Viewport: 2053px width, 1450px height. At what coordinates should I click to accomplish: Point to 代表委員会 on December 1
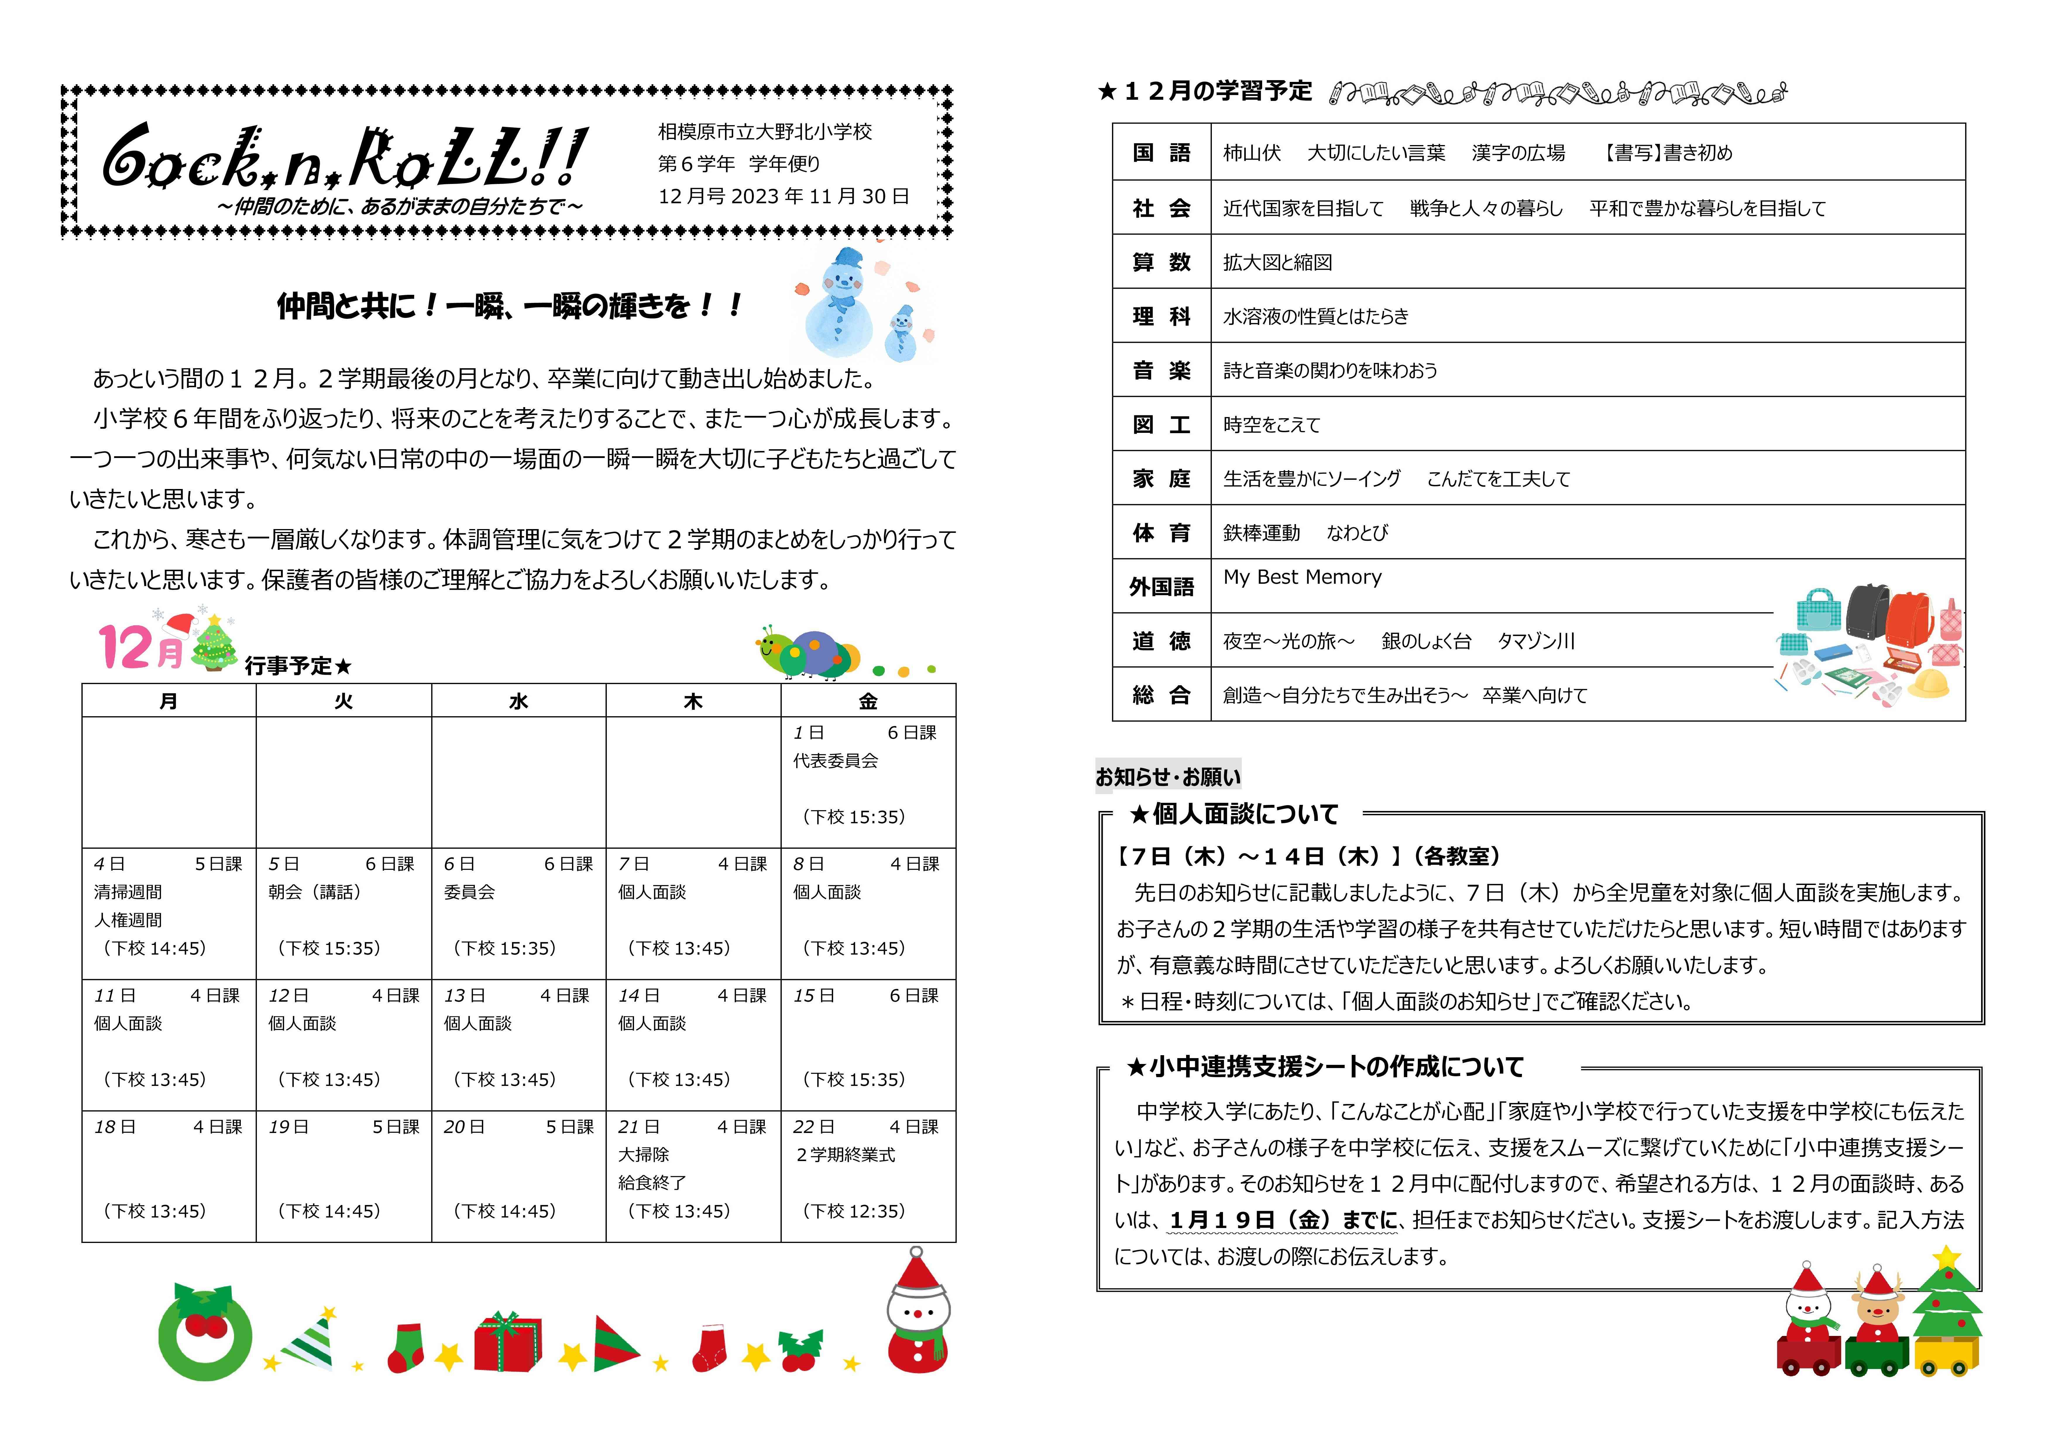click(x=835, y=761)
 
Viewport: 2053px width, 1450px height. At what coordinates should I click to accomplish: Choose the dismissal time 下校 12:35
click(x=854, y=1211)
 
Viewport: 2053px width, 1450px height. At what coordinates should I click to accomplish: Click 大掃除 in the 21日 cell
click(x=644, y=1155)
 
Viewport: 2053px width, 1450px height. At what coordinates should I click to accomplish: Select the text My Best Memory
click(x=1302, y=578)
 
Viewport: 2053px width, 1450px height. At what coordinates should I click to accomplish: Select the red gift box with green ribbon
click(x=508, y=1343)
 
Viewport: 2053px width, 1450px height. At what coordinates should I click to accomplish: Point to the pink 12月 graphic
click(x=141, y=647)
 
